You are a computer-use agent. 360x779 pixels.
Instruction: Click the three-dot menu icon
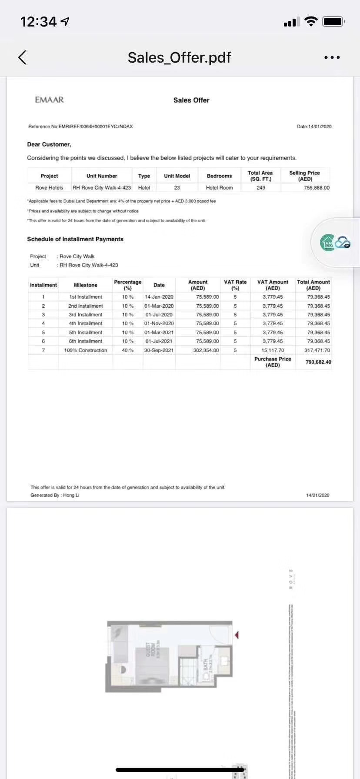pos(332,57)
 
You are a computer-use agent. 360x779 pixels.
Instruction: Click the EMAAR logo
pos(49,100)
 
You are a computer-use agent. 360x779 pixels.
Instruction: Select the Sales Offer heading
pos(191,100)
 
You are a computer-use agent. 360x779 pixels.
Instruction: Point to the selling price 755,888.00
pos(317,188)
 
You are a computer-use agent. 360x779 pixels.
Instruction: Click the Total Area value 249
pos(261,188)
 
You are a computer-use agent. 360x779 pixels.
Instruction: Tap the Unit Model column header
pos(177,176)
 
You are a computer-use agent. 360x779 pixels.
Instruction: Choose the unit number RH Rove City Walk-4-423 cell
pos(102,188)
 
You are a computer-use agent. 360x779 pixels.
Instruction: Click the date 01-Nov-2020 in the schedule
pos(159,323)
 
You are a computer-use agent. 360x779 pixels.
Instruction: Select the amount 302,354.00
pos(206,350)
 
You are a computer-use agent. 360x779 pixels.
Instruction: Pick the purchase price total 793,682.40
pos(318,362)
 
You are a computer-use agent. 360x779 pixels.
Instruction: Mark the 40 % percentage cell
pos(128,350)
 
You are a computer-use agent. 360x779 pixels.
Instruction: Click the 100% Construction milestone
pos(86,350)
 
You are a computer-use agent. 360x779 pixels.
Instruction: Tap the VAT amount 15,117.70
pos(273,350)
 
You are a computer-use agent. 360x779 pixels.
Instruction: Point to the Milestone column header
pos(86,285)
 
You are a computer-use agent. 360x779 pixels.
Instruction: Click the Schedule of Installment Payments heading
pos(75,239)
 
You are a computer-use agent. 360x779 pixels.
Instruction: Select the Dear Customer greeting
pos(49,144)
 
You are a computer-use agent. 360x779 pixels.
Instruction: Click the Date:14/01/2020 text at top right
pos(314,127)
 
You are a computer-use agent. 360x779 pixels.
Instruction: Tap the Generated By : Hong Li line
pos(55,495)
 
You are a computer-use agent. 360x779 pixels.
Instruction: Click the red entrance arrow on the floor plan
pos(237,635)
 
